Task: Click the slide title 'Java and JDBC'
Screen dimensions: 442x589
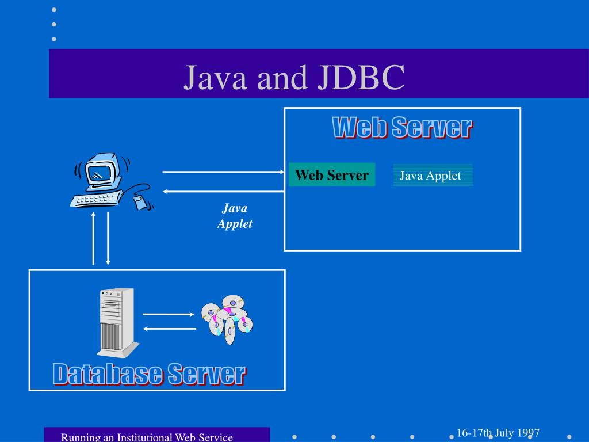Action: [294, 78]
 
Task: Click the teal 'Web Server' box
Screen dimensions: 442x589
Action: [332, 175]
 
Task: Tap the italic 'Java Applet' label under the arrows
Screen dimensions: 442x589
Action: [235, 216]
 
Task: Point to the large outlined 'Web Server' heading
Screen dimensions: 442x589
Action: [402, 127]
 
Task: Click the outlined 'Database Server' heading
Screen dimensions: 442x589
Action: [150, 374]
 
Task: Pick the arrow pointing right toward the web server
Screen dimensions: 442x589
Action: [224, 172]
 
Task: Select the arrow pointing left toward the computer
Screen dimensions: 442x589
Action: [224, 191]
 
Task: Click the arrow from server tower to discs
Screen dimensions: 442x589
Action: [169, 314]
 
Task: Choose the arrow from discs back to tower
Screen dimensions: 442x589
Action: [169, 329]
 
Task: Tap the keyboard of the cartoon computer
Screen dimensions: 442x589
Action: [95, 199]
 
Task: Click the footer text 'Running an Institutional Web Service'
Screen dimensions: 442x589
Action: [147, 437]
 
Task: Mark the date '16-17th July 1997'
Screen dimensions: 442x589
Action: [498, 433]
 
